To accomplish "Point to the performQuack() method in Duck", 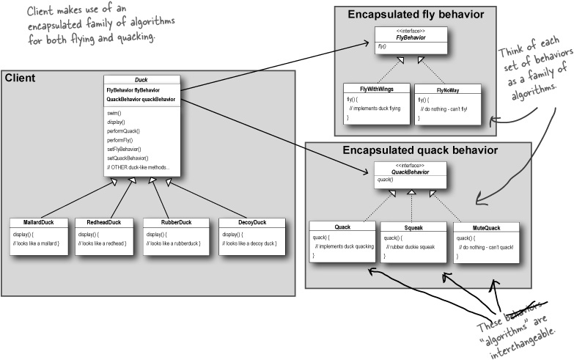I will (123, 131).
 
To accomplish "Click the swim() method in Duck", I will (116, 113).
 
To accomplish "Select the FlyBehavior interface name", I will (411, 37).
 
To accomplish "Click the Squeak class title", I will (411, 227).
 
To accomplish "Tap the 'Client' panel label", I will (21, 77).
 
